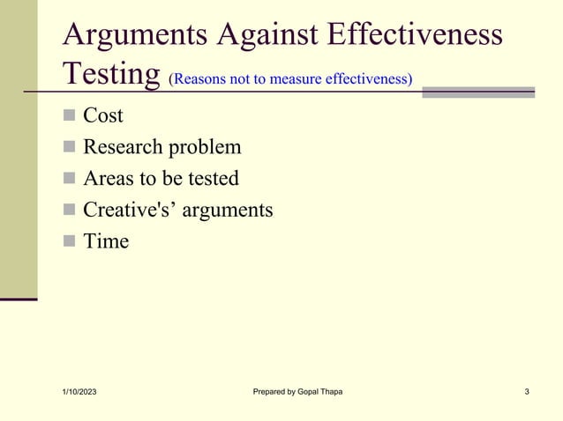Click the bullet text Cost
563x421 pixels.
pyautogui.click(x=103, y=115)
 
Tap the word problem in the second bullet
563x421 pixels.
pyautogui.click(x=205, y=147)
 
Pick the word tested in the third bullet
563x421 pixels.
pyautogui.click(x=211, y=178)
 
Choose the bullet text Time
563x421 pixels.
pyautogui.click(x=106, y=240)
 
